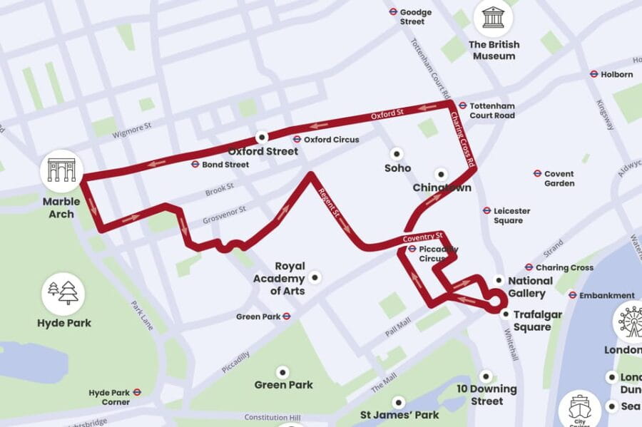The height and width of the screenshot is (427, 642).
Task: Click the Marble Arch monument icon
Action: click(x=61, y=170)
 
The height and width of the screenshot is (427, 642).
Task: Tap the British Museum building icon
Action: click(x=493, y=17)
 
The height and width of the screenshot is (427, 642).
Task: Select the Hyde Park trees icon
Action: click(x=62, y=293)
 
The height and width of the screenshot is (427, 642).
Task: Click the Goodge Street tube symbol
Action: click(x=392, y=11)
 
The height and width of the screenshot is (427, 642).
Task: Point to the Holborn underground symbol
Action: click(x=593, y=73)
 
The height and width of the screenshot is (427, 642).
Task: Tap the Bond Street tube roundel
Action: click(x=195, y=164)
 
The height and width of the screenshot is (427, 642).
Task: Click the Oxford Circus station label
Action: click(x=331, y=140)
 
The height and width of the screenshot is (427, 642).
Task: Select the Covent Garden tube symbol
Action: click(x=537, y=173)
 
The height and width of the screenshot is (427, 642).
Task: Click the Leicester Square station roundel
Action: click(x=486, y=210)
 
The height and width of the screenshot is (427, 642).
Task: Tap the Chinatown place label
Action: click(x=442, y=188)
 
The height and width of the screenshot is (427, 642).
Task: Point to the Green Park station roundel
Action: click(x=286, y=316)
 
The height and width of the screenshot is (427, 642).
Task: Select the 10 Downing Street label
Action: click(x=487, y=395)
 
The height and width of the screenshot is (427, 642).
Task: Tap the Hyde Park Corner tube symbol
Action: click(x=137, y=391)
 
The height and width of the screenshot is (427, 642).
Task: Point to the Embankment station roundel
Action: click(x=572, y=294)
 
